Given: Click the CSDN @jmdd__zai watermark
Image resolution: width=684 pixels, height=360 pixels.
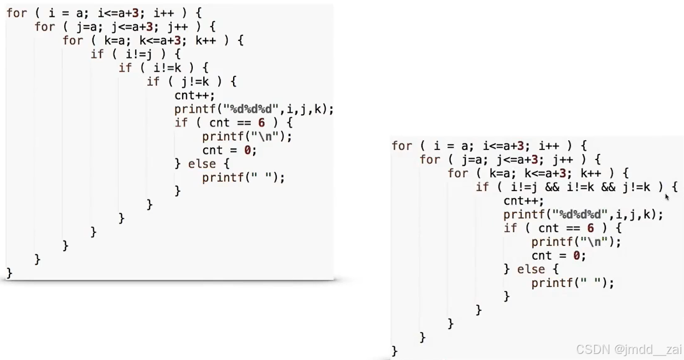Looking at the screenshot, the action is tap(629, 349).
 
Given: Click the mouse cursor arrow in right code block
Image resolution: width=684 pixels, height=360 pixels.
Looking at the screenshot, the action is tap(667, 196).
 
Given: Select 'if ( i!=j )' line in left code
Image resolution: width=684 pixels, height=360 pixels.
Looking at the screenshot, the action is tap(136, 54).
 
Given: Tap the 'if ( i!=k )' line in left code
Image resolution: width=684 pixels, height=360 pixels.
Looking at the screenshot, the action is tap(163, 68).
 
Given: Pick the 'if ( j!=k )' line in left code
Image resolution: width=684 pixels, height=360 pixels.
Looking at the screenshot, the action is tap(192, 82).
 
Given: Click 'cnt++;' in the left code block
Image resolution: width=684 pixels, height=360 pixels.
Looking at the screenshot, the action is tap(194, 95).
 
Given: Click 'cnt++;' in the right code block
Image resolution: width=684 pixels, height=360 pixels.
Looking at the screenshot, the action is tap(523, 201).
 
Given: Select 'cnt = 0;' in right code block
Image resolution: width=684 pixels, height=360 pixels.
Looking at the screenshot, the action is tap(558, 256).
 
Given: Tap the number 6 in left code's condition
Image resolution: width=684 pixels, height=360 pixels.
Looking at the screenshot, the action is tap(261, 123).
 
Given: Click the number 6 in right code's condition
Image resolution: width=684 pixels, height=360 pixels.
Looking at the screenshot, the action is tap(590, 228).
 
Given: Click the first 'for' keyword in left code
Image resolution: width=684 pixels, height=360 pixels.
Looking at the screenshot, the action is tap(16, 13).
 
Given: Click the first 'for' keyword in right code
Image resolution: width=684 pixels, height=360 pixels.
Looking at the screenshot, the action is tap(402, 146).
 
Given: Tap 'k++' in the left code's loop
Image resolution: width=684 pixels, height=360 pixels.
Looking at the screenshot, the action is tap(205, 41).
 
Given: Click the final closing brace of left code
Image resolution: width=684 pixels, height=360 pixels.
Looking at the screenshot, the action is tap(9, 272).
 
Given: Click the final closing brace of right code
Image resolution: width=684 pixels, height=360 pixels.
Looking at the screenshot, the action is tap(394, 351).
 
